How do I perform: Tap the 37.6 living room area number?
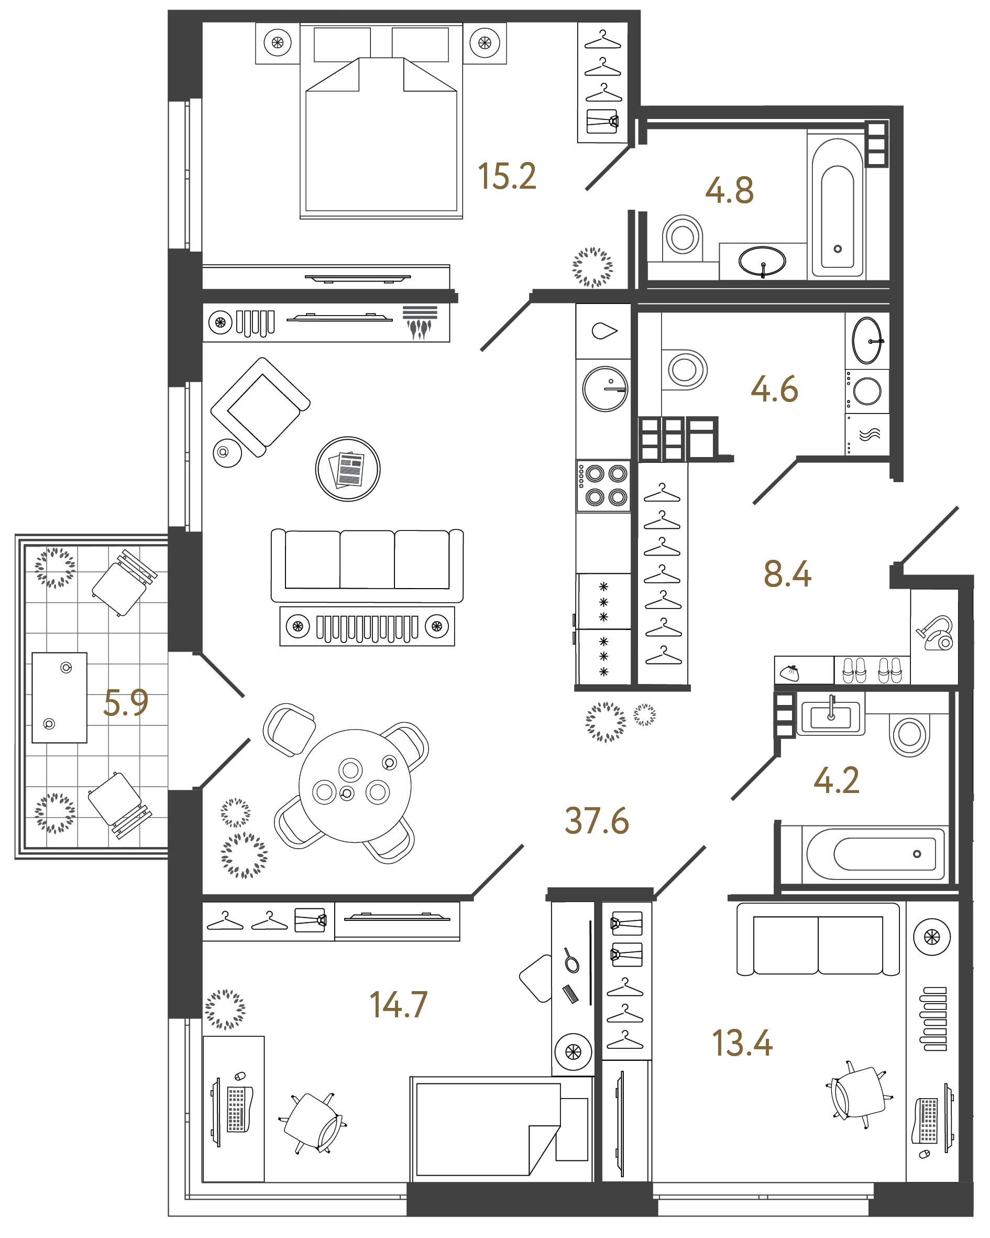pos(596,821)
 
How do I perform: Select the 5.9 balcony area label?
pos(126,703)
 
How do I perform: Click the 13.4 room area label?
pos(742,1044)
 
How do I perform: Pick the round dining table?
pos(355,786)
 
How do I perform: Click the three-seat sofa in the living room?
pos(367,565)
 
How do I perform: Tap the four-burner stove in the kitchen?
pos(603,485)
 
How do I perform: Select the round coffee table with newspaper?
pos(347,469)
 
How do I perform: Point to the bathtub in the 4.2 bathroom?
pos(875,854)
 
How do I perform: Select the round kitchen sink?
pos(605,389)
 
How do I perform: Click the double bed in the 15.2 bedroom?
pos(381,132)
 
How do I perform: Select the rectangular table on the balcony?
pos(59,697)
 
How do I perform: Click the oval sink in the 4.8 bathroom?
pos(762,261)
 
